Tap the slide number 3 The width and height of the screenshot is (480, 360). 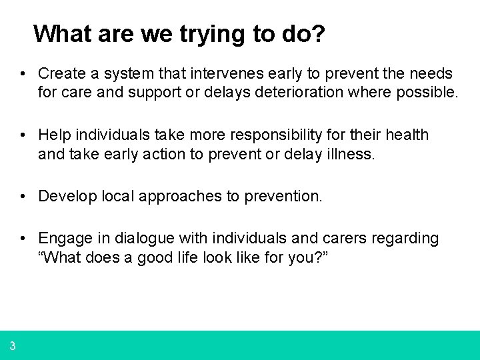pos(13,345)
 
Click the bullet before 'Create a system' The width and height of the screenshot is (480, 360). pos(23,73)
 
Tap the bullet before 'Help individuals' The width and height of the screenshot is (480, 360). pos(23,135)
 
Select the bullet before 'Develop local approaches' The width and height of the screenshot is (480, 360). pos(23,196)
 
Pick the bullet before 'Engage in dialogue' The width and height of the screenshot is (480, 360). pos(23,239)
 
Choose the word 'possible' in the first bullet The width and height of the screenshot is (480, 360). pos(431,91)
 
